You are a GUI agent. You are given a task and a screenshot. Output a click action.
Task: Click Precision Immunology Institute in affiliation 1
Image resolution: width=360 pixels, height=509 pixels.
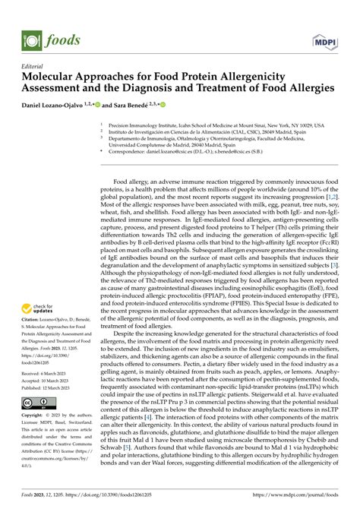(144, 124)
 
